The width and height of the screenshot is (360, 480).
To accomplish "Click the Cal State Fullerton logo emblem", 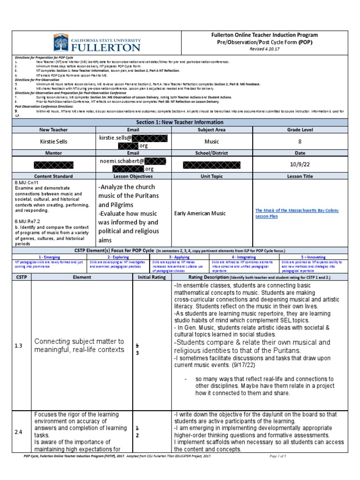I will click(x=62, y=43).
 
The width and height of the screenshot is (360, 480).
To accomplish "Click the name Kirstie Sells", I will click(x=54, y=141).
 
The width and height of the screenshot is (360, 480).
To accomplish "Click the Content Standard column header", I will click(x=54, y=176).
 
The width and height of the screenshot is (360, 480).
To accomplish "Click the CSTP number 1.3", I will click(x=19, y=345).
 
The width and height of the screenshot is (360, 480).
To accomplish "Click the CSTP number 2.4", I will click(x=19, y=432).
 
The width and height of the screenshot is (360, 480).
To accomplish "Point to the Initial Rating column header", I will click(x=152, y=277).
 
